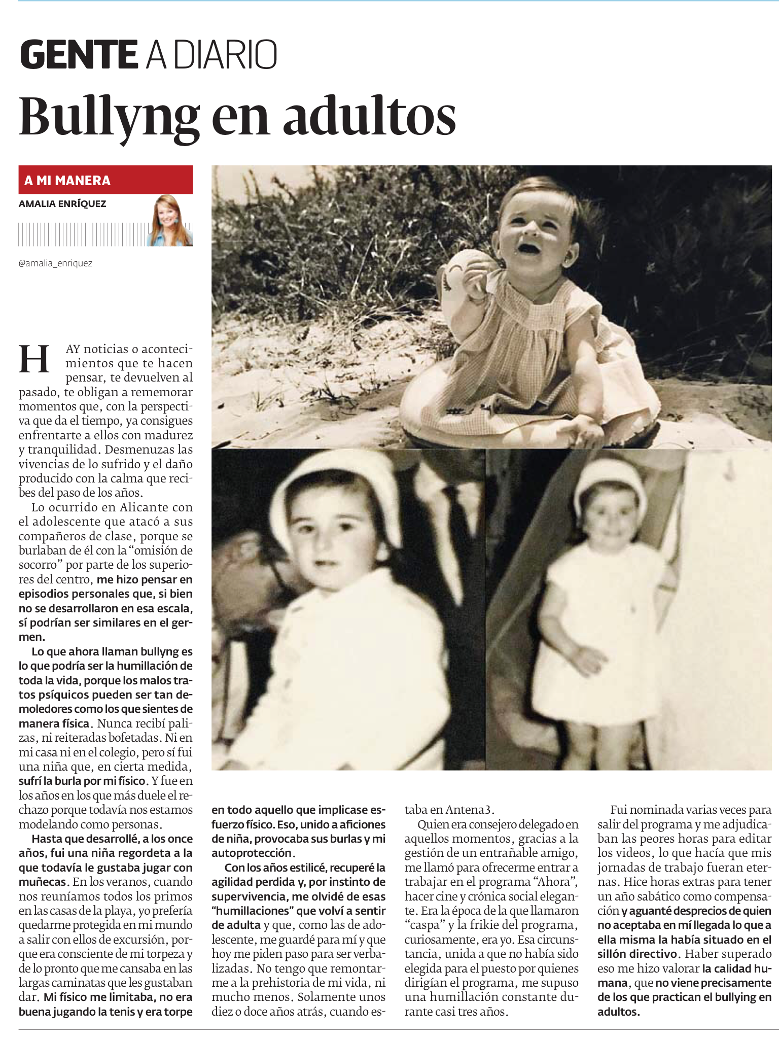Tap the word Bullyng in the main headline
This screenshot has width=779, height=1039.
[109, 118]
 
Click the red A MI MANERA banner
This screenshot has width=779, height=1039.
[105, 180]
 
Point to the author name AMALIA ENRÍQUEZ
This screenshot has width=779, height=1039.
[62, 204]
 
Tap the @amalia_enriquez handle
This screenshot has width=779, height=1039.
[56, 263]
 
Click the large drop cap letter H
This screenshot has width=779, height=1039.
[34, 359]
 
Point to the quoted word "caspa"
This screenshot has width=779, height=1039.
[424, 924]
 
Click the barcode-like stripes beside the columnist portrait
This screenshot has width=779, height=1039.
[81, 234]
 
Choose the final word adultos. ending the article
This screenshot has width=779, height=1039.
[617, 1011]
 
